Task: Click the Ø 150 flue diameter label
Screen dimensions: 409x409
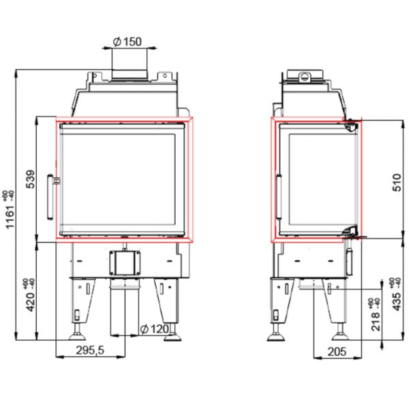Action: click(127, 42)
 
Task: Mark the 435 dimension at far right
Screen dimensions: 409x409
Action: click(397, 294)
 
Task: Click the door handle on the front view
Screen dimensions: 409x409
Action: click(50, 196)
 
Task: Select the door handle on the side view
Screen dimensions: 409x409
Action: click(278, 198)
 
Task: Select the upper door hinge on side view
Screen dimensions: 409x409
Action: click(352, 125)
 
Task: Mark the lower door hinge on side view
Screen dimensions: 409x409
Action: click(350, 231)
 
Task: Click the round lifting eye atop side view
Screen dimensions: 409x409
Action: click(306, 75)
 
